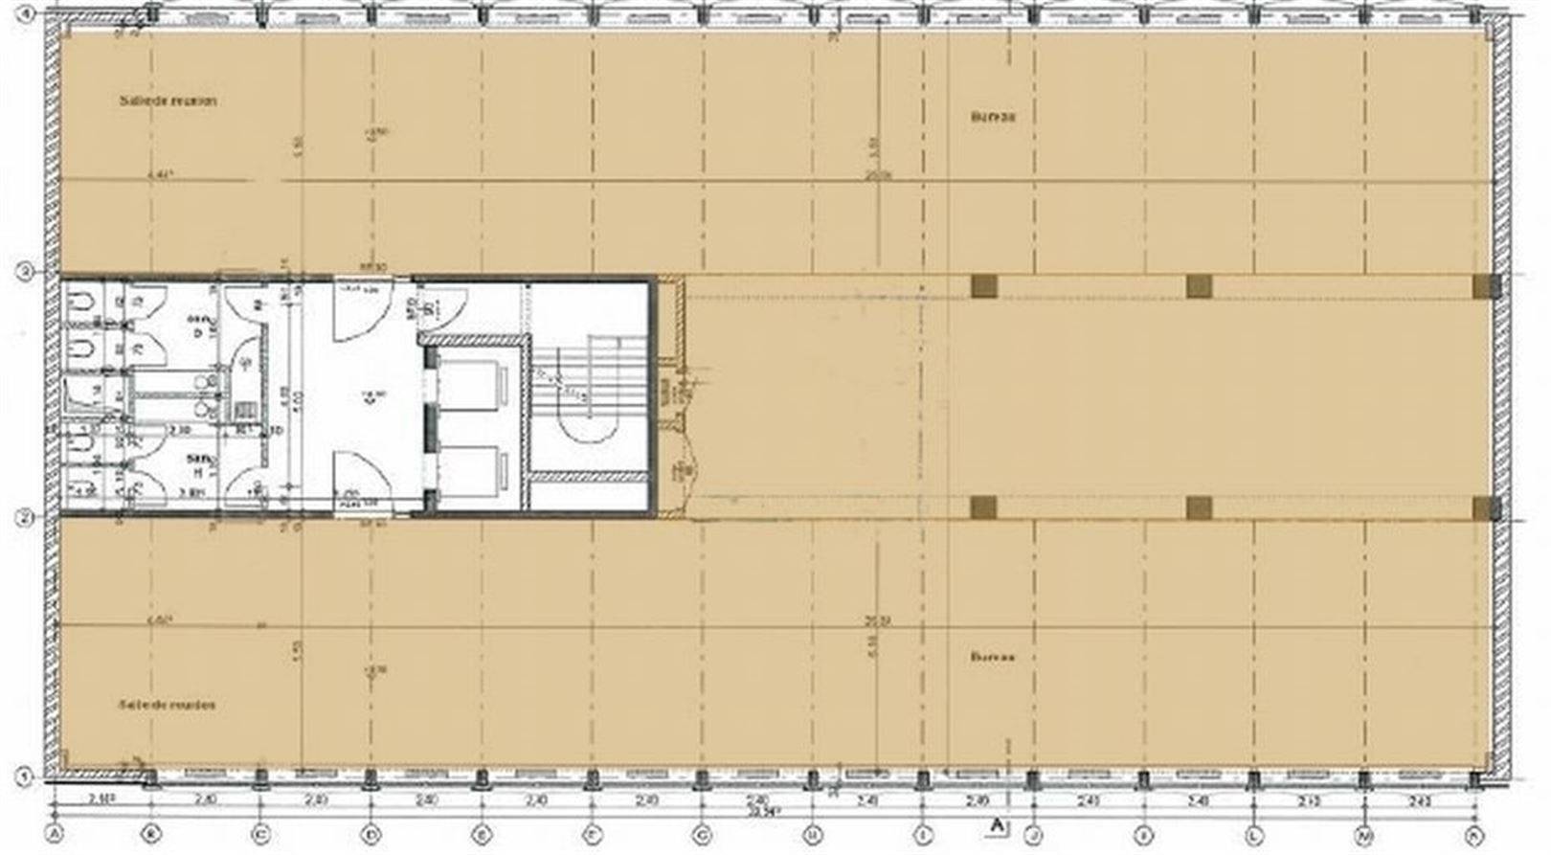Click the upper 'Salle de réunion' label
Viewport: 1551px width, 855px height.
(x=168, y=101)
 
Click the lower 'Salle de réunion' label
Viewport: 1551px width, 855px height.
(x=167, y=705)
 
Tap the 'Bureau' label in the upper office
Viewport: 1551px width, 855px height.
(x=993, y=117)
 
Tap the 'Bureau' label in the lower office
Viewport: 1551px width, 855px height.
(x=993, y=658)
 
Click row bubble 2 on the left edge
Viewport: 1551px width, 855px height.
(x=26, y=518)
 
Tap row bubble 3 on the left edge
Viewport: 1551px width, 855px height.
(x=26, y=273)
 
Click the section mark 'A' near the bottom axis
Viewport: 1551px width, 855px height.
(x=998, y=823)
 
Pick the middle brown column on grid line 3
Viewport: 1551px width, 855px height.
(x=1199, y=285)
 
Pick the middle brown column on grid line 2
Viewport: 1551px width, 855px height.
(x=1199, y=507)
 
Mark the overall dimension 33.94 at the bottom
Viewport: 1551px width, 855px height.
(x=764, y=810)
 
